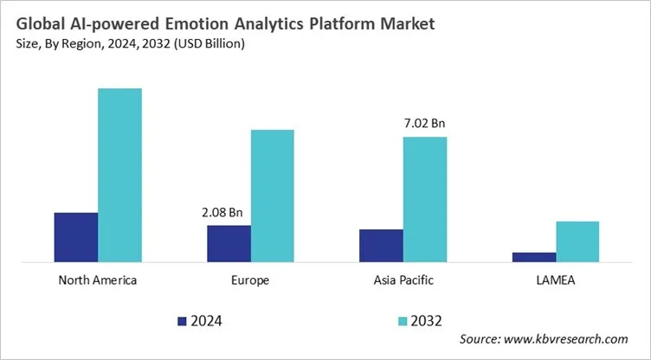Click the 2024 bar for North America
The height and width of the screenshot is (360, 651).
click(x=76, y=236)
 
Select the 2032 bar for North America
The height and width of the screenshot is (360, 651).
click(x=119, y=174)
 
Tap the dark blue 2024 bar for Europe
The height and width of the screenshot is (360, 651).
click(x=229, y=243)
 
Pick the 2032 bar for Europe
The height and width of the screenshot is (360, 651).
click(x=273, y=195)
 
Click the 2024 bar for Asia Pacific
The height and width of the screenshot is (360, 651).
click(x=381, y=245)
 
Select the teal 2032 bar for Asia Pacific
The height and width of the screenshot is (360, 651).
click(x=425, y=198)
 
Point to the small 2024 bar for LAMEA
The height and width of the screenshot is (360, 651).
click(x=534, y=256)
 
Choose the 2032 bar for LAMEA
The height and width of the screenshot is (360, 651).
click(x=577, y=241)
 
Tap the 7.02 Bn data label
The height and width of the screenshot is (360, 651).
click(x=424, y=125)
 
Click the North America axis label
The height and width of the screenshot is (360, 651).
click(x=98, y=280)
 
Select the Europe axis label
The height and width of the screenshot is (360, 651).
click(x=250, y=280)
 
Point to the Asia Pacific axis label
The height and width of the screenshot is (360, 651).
click(x=403, y=280)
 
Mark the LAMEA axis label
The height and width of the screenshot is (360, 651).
click(x=556, y=280)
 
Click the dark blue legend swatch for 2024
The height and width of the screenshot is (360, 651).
click(x=182, y=321)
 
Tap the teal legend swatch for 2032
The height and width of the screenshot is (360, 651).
click(x=403, y=321)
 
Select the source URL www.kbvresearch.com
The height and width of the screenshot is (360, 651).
click(x=571, y=339)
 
